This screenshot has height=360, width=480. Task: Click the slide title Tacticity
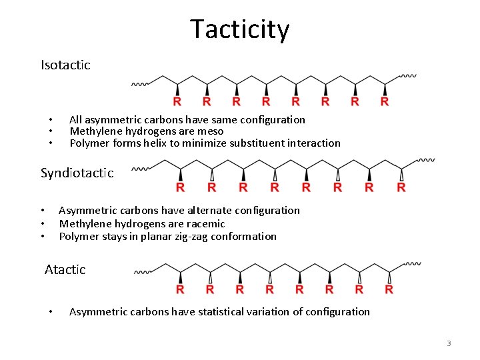click(239, 30)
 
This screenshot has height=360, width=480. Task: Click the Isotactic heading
click(65, 65)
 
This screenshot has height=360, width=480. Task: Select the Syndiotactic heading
click(77, 173)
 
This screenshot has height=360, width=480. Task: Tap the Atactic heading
click(65, 269)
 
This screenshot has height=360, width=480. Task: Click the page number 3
click(449, 343)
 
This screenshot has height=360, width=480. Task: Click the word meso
click(211, 131)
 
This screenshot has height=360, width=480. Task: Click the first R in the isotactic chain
click(177, 102)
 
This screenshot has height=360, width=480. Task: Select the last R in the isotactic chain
click(385, 102)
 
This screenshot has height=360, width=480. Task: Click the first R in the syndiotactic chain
click(181, 188)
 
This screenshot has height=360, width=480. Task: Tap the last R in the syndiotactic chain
click(401, 188)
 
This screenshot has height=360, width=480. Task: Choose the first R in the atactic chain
click(180, 289)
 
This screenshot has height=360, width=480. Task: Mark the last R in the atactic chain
click(389, 289)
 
